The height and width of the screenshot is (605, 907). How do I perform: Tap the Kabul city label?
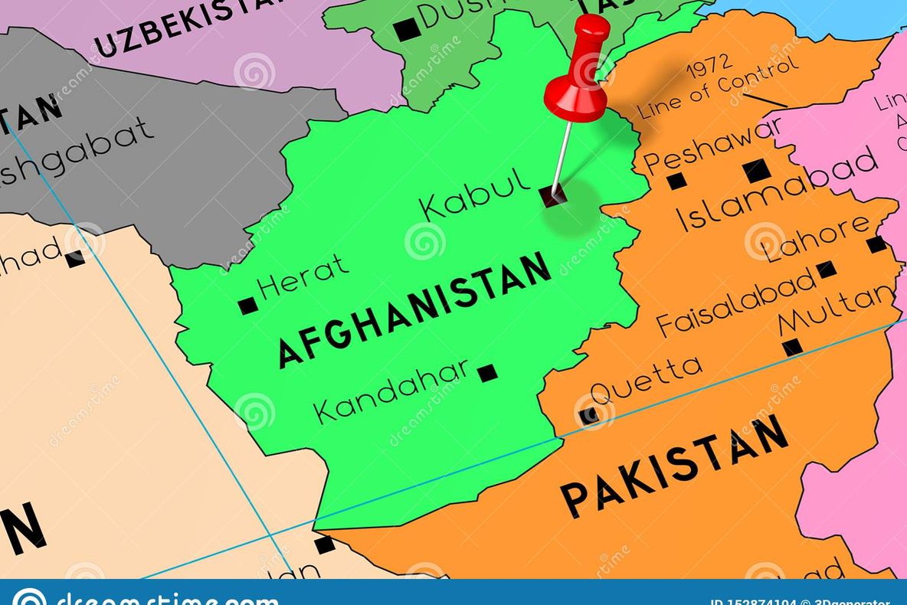(x=475, y=195)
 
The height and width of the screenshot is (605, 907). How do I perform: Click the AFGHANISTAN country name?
(x=414, y=309)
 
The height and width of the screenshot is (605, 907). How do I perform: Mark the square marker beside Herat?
(x=247, y=306)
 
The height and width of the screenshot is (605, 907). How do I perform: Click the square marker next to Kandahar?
(x=487, y=373)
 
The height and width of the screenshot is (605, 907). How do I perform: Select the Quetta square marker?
(x=588, y=416)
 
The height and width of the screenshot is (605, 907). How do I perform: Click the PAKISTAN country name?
(x=675, y=466)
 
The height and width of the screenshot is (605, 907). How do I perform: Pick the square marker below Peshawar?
(x=676, y=181)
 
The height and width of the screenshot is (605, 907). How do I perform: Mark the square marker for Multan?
(x=793, y=347)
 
